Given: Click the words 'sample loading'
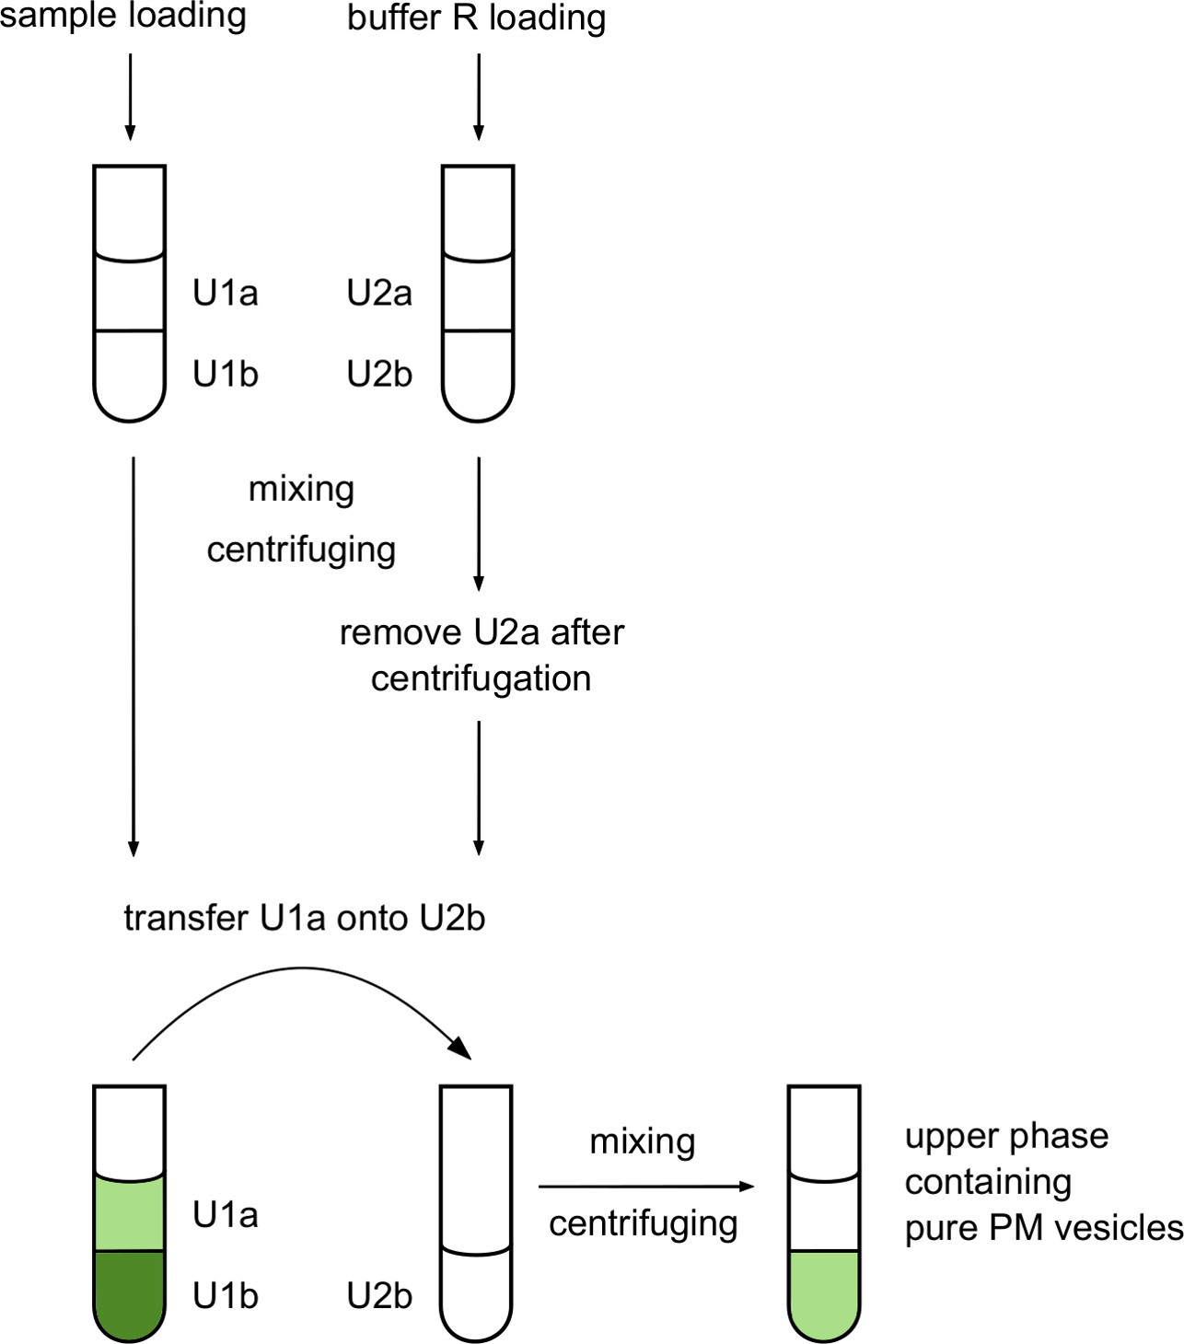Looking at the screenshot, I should (x=122, y=16).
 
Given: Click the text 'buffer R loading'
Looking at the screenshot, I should (x=476, y=17).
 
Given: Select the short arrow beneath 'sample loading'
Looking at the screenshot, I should (x=130, y=97).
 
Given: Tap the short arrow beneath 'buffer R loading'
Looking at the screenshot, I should (x=478, y=97).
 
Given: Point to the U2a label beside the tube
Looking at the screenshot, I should (x=379, y=293).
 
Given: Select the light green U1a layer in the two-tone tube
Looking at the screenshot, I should (x=130, y=1215).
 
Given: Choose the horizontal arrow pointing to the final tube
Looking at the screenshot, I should (x=644, y=1187).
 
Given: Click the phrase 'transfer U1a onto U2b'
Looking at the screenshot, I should (x=304, y=918).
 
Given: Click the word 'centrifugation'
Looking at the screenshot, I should (x=481, y=678).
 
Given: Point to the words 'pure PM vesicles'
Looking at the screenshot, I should (x=1043, y=1228).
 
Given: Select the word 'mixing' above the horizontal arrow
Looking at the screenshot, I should (x=643, y=1141).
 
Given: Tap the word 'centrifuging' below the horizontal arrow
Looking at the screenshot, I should (x=644, y=1224).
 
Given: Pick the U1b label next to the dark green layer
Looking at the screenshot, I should (x=226, y=1296).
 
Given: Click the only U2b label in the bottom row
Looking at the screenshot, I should (x=379, y=1296).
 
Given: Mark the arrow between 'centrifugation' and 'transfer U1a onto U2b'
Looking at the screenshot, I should (x=478, y=787).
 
